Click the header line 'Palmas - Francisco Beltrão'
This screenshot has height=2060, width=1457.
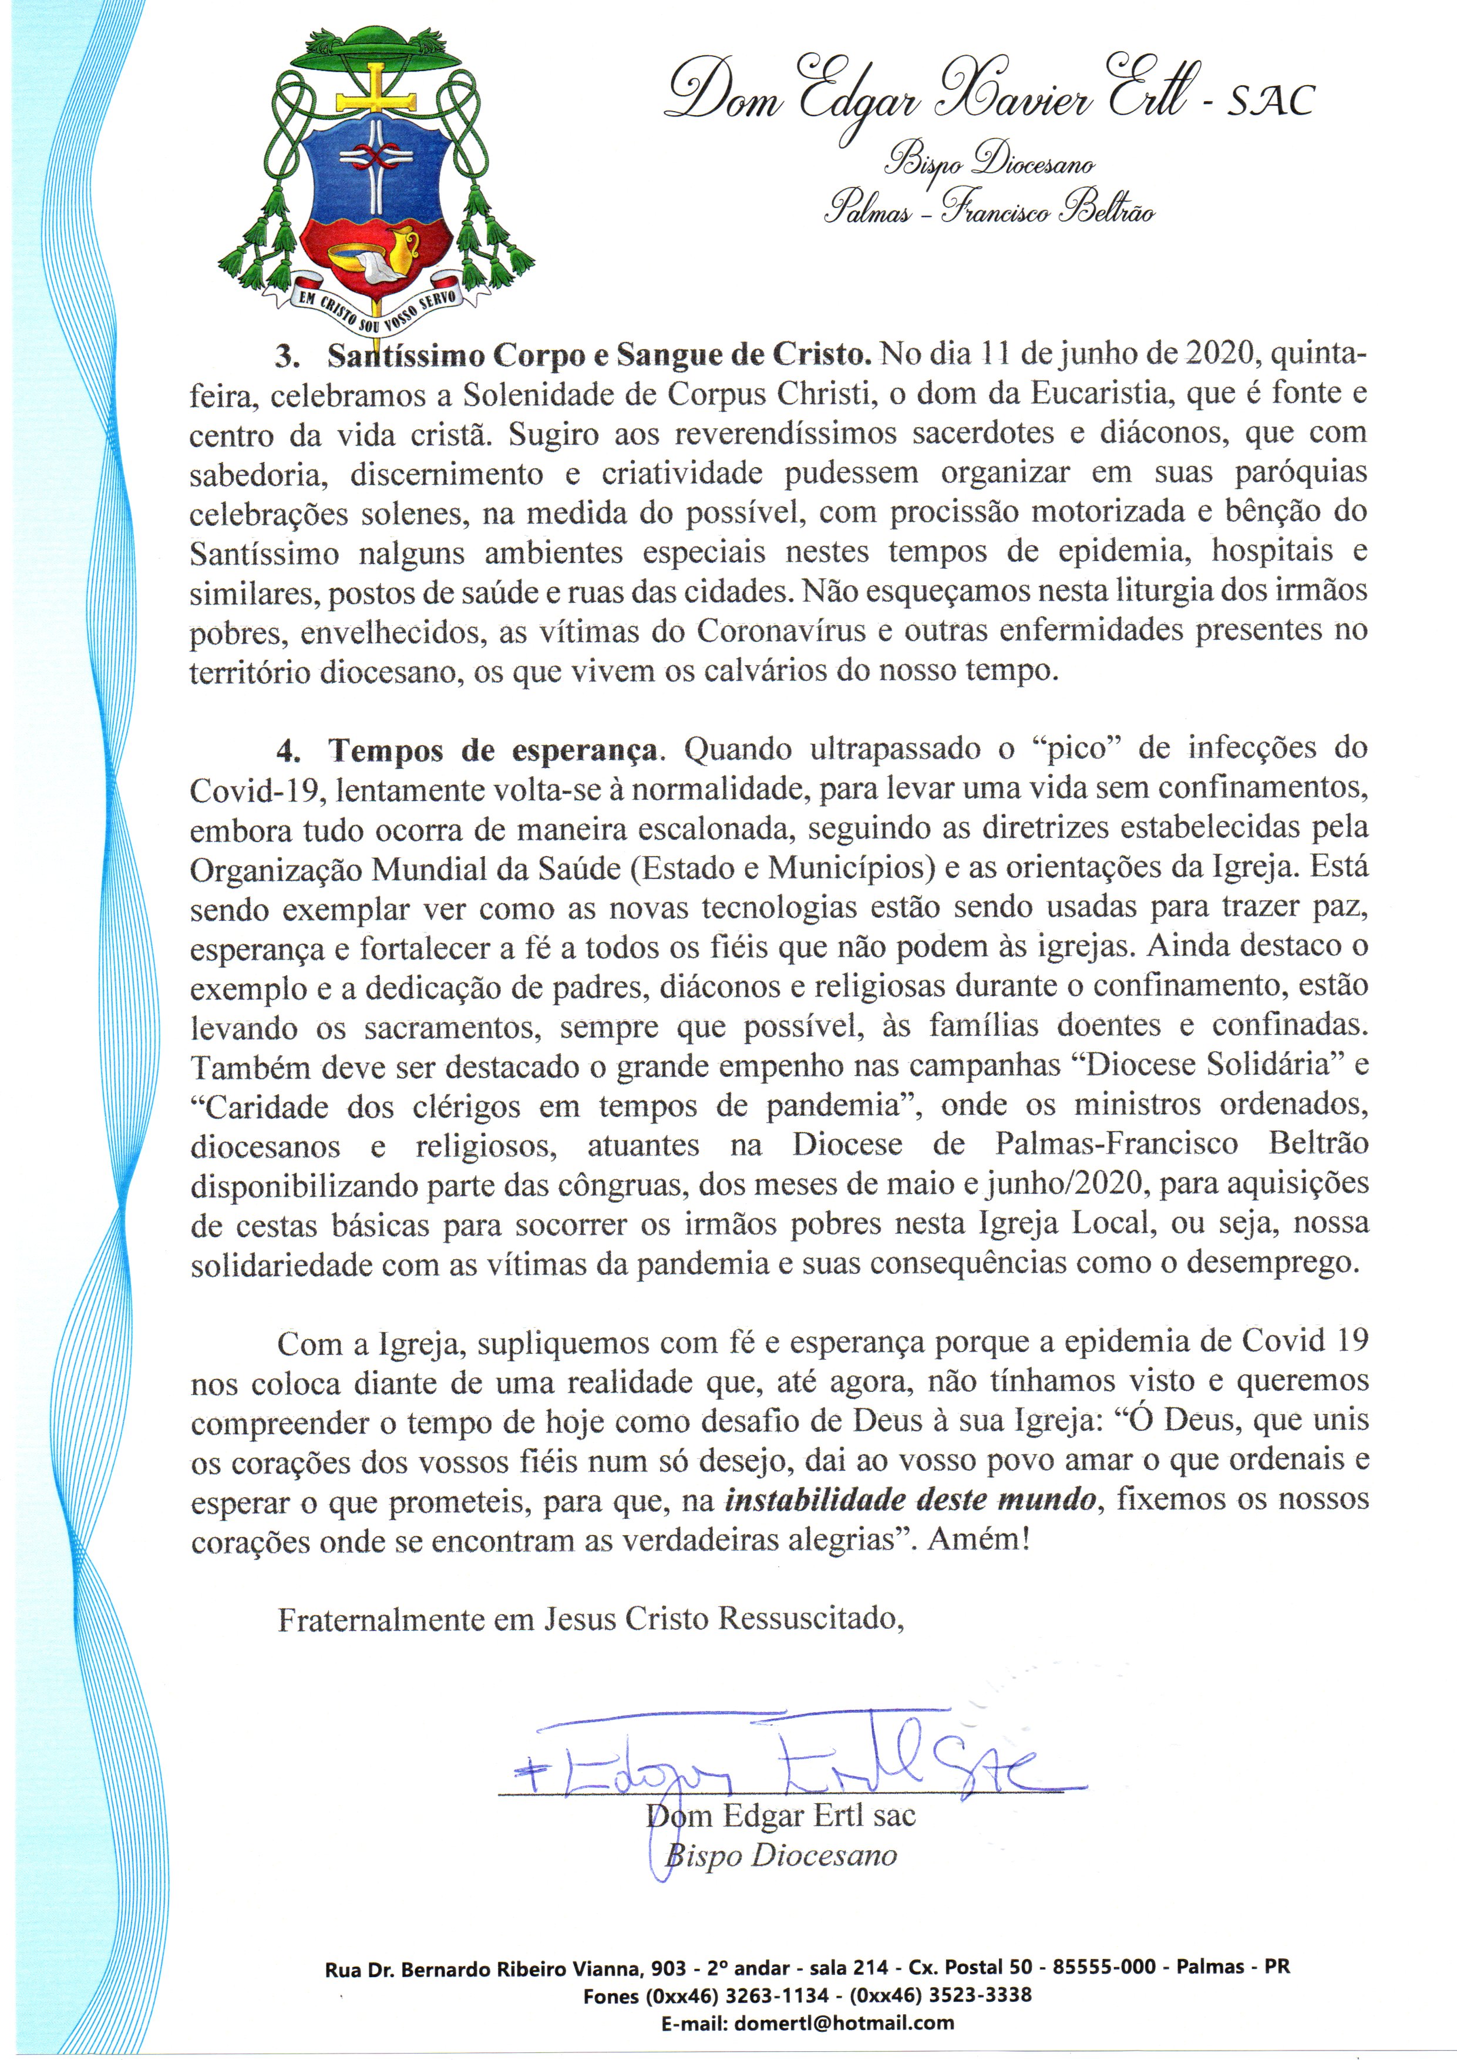(x=990, y=213)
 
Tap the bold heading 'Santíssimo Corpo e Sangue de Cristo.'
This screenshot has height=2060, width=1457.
(x=600, y=356)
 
